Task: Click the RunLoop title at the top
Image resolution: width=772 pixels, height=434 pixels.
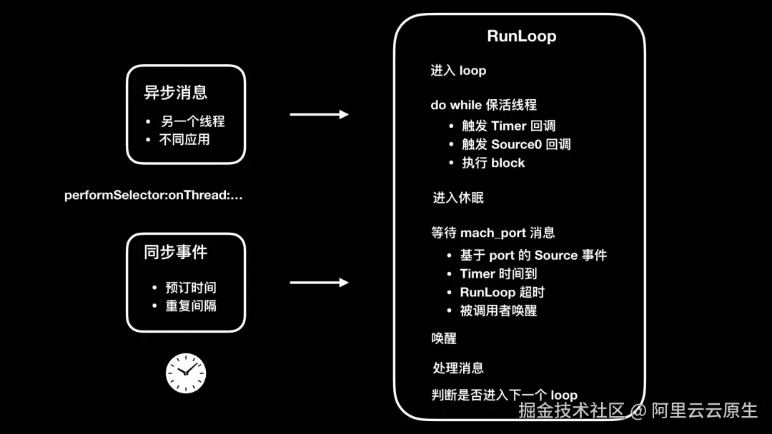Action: pos(521,36)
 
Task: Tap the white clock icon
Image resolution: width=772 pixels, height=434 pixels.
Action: pos(186,373)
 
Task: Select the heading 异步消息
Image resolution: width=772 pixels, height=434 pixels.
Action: pos(176,92)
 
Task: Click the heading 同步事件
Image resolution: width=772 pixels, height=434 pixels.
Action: pos(176,252)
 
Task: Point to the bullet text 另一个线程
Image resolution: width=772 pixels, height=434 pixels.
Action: pos(193,121)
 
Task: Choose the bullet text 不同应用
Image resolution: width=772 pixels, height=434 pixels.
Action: pos(184,139)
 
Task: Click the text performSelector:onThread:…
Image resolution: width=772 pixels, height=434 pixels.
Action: pos(154,195)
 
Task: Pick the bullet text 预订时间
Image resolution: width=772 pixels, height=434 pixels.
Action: pos(190,288)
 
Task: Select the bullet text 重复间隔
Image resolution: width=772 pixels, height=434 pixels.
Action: pos(190,306)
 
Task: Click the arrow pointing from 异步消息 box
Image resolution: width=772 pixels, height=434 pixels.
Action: pos(319,114)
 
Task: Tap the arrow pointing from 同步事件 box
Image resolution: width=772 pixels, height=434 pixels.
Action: pos(319,283)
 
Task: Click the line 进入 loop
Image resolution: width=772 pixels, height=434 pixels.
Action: pos(458,70)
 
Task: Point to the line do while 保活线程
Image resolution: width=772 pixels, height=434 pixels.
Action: pos(483,105)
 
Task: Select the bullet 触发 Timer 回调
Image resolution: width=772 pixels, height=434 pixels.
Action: pos(508,126)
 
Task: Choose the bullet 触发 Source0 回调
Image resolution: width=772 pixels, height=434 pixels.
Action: pos(516,144)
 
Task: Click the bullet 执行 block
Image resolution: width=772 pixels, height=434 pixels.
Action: pos(493,163)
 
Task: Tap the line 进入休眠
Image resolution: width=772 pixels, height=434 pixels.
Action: pos(458,198)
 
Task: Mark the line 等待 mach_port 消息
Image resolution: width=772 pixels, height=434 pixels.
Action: pos(493,233)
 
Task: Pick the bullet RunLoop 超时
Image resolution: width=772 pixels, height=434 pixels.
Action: pos(502,292)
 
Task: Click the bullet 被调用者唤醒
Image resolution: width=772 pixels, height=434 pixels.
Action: pos(498,311)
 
